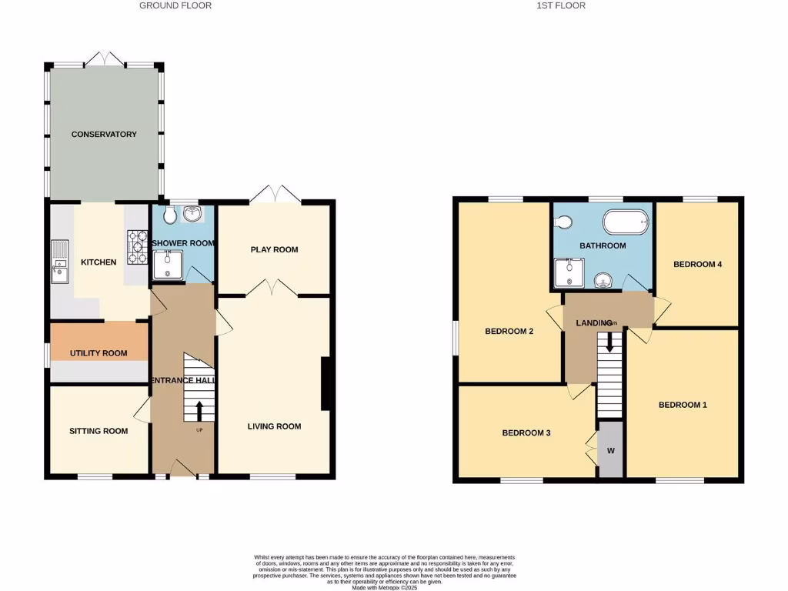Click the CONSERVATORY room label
pyautogui.click(x=104, y=135)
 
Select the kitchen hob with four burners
pyautogui.click(x=138, y=242)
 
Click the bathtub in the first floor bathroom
pyautogui.click(x=626, y=223)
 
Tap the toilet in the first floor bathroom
pyautogui.click(x=563, y=222)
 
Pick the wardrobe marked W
pyautogui.click(x=610, y=450)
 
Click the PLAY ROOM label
pyautogui.click(x=274, y=249)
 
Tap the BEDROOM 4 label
pyautogui.click(x=697, y=265)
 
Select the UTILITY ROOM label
pyautogui.click(x=98, y=354)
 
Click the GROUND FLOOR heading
pyautogui.click(x=175, y=5)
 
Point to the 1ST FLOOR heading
pyautogui.click(x=560, y=5)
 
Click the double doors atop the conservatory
pyautogui.click(x=104, y=59)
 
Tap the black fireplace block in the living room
pyautogui.click(x=326, y=384)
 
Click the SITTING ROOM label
pyautogui.click(x=98, y=431)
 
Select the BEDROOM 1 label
pyautogui.click(x=683, y=405)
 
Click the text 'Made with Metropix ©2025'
pyautogui.click(x=384, y=588)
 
